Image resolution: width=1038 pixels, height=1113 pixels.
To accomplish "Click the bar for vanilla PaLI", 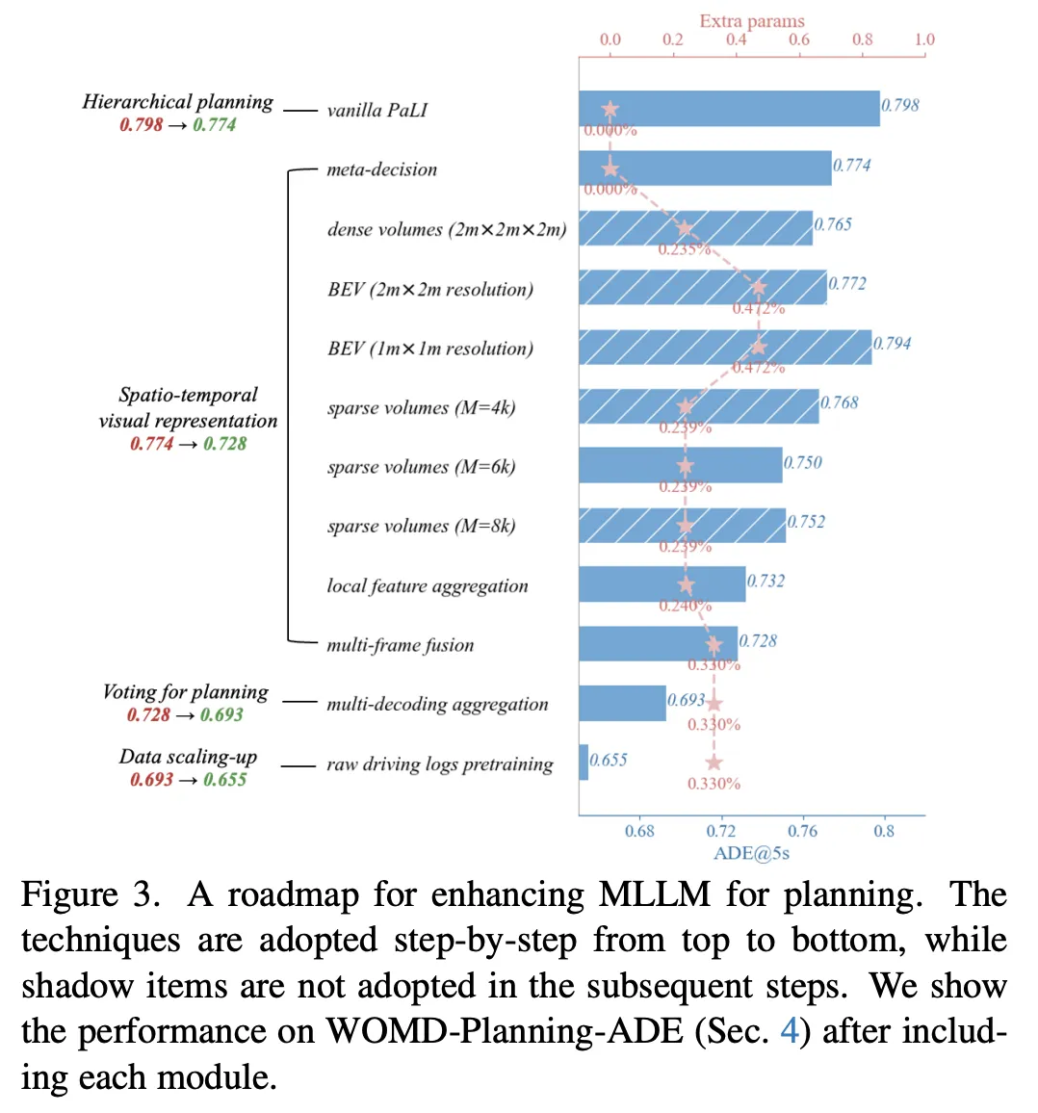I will click(x=729, y=109).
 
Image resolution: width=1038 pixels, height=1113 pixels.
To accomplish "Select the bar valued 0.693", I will click(x=622, y=703).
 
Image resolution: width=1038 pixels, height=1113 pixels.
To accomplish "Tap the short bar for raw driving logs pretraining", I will click(x=584, y=763).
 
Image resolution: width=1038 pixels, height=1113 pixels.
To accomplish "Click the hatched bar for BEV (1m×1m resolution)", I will click(x=725, y=347).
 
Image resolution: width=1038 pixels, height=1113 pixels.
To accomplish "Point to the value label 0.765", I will click(x=833, y=224).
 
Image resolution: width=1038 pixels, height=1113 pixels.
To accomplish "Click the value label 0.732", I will click(x=766, y=581).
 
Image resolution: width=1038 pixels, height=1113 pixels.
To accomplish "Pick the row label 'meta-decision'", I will click(x=381, y=169).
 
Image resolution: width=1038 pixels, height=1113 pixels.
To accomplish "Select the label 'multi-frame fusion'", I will click(x=400, y=645).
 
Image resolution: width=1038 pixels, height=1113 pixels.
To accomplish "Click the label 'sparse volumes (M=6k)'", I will click(x=421, y=467).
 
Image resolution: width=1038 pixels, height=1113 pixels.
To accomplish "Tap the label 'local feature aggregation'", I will click(x=427, y=585).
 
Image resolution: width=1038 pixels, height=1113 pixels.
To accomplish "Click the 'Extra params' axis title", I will click(x=751, y=20).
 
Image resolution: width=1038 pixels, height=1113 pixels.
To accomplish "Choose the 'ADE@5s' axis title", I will click(x=751, y=853).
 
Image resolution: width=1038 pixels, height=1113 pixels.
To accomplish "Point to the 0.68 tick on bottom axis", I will click(x=639, y=831).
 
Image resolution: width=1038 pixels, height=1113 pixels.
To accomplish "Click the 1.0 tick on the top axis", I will click(x=924, y=39).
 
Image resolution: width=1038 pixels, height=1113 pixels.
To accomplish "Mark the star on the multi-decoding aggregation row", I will click(x=714, y=704).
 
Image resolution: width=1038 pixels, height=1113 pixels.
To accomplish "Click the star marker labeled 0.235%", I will click(x=684, y=229).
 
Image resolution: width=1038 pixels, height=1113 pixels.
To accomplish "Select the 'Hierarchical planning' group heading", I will click(x=177, y=102).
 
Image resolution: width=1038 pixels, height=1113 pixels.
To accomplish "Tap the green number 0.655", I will click(x=224, y=779).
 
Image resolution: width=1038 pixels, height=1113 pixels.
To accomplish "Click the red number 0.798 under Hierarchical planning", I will click(x=141, y=124).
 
